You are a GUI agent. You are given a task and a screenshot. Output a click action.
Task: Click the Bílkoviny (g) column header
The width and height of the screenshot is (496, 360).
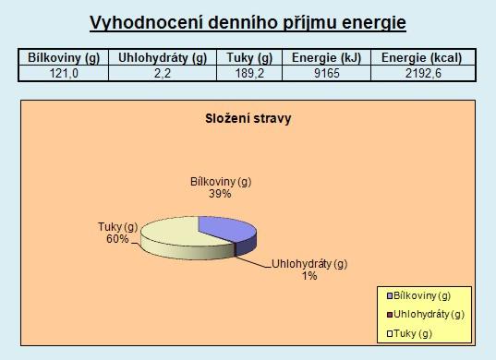(64, 57)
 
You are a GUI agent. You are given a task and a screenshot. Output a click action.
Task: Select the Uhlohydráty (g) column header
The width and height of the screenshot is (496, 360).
(163, 57)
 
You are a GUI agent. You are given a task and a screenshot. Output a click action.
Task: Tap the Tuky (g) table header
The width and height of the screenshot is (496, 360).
(249, 57)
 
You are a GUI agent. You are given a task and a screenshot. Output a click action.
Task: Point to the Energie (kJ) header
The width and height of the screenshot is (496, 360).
(326, 57)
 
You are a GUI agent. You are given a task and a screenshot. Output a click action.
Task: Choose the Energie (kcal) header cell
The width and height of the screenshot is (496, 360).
(423, 57)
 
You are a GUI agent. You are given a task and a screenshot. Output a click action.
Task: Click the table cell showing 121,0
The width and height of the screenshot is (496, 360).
(64, 73)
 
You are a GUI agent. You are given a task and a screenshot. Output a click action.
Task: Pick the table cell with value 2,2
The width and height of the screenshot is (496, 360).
(163, 73)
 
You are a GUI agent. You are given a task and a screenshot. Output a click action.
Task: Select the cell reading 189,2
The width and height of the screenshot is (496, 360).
(249, 73)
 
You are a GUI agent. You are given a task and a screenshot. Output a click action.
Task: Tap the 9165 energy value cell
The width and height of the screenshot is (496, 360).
(326, 73)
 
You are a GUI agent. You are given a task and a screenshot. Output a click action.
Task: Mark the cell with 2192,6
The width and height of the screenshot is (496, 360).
(423, 73)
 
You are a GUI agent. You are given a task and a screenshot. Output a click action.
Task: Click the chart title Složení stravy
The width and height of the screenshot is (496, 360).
(248, 119)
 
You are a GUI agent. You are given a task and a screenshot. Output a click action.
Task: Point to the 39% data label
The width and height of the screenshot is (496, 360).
(220, 194)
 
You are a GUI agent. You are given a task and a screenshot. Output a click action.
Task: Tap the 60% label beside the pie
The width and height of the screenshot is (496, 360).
(117, 239)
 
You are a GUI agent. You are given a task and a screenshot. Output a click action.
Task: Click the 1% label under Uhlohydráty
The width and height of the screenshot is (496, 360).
(309, 276)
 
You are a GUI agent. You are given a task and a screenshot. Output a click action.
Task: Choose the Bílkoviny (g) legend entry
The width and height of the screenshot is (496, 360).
(418, 295)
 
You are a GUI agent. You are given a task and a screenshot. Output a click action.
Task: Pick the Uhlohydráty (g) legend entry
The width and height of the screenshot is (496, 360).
(426, 315)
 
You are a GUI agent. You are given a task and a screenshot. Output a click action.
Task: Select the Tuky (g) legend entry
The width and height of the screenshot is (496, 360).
(409, 333)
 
